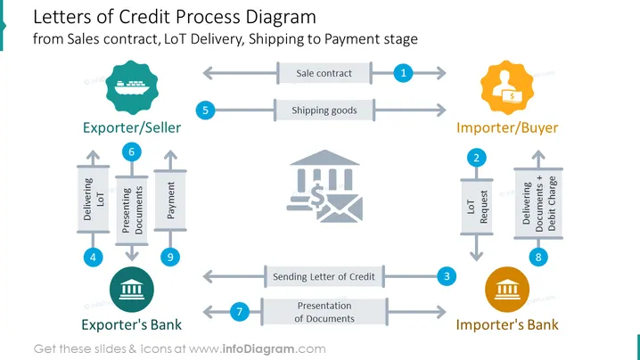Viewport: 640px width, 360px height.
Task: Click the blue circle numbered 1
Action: pyautogui.click(x=403, y=73)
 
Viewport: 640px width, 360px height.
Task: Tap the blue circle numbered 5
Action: pyautogui.click(x=205, y=110)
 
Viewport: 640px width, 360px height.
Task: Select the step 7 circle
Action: pyautogui.click(x=240, y=312)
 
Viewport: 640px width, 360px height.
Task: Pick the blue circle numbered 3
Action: pyautogui.click(x=447, y=276)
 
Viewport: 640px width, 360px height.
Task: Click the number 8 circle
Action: pyautogui.click(x=538, y=258)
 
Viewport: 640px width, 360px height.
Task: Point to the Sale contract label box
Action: pyautogui.click(x=324, y=73)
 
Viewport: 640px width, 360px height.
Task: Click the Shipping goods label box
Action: pyautogui.click(x=324, y=110)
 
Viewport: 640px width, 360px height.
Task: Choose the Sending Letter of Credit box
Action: pyautogui.click(x=324, y=276)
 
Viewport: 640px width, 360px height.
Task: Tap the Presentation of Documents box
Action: pyautogui.click(x=324, y=312)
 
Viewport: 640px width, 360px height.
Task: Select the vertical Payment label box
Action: pyautogui.click(x=170, y=200)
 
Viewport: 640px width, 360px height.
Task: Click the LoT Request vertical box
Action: pyautogui.click(x=477, y=207)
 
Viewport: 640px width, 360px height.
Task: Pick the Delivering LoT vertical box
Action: pyautogui.click(x=93, y=199)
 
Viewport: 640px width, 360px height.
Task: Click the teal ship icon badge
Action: pyautogui.click(x=132, y=87)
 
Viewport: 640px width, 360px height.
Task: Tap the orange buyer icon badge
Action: pyautogui.click(x=507, y=87)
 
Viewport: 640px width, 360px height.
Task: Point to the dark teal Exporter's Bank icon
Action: pyautogui.click(x=132, y=290)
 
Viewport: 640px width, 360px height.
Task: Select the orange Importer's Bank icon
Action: pyautogui.click(x=507, y=290)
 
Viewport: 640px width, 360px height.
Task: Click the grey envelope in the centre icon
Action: pyautogui.click(x=340, y=209)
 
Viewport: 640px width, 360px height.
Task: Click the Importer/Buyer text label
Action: pyautogui.click(x=507, y=127)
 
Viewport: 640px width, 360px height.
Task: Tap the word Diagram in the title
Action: pyautogui.click(x=281, y=17)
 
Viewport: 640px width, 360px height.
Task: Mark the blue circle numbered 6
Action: pyautogui.click(x=131, y=151)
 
